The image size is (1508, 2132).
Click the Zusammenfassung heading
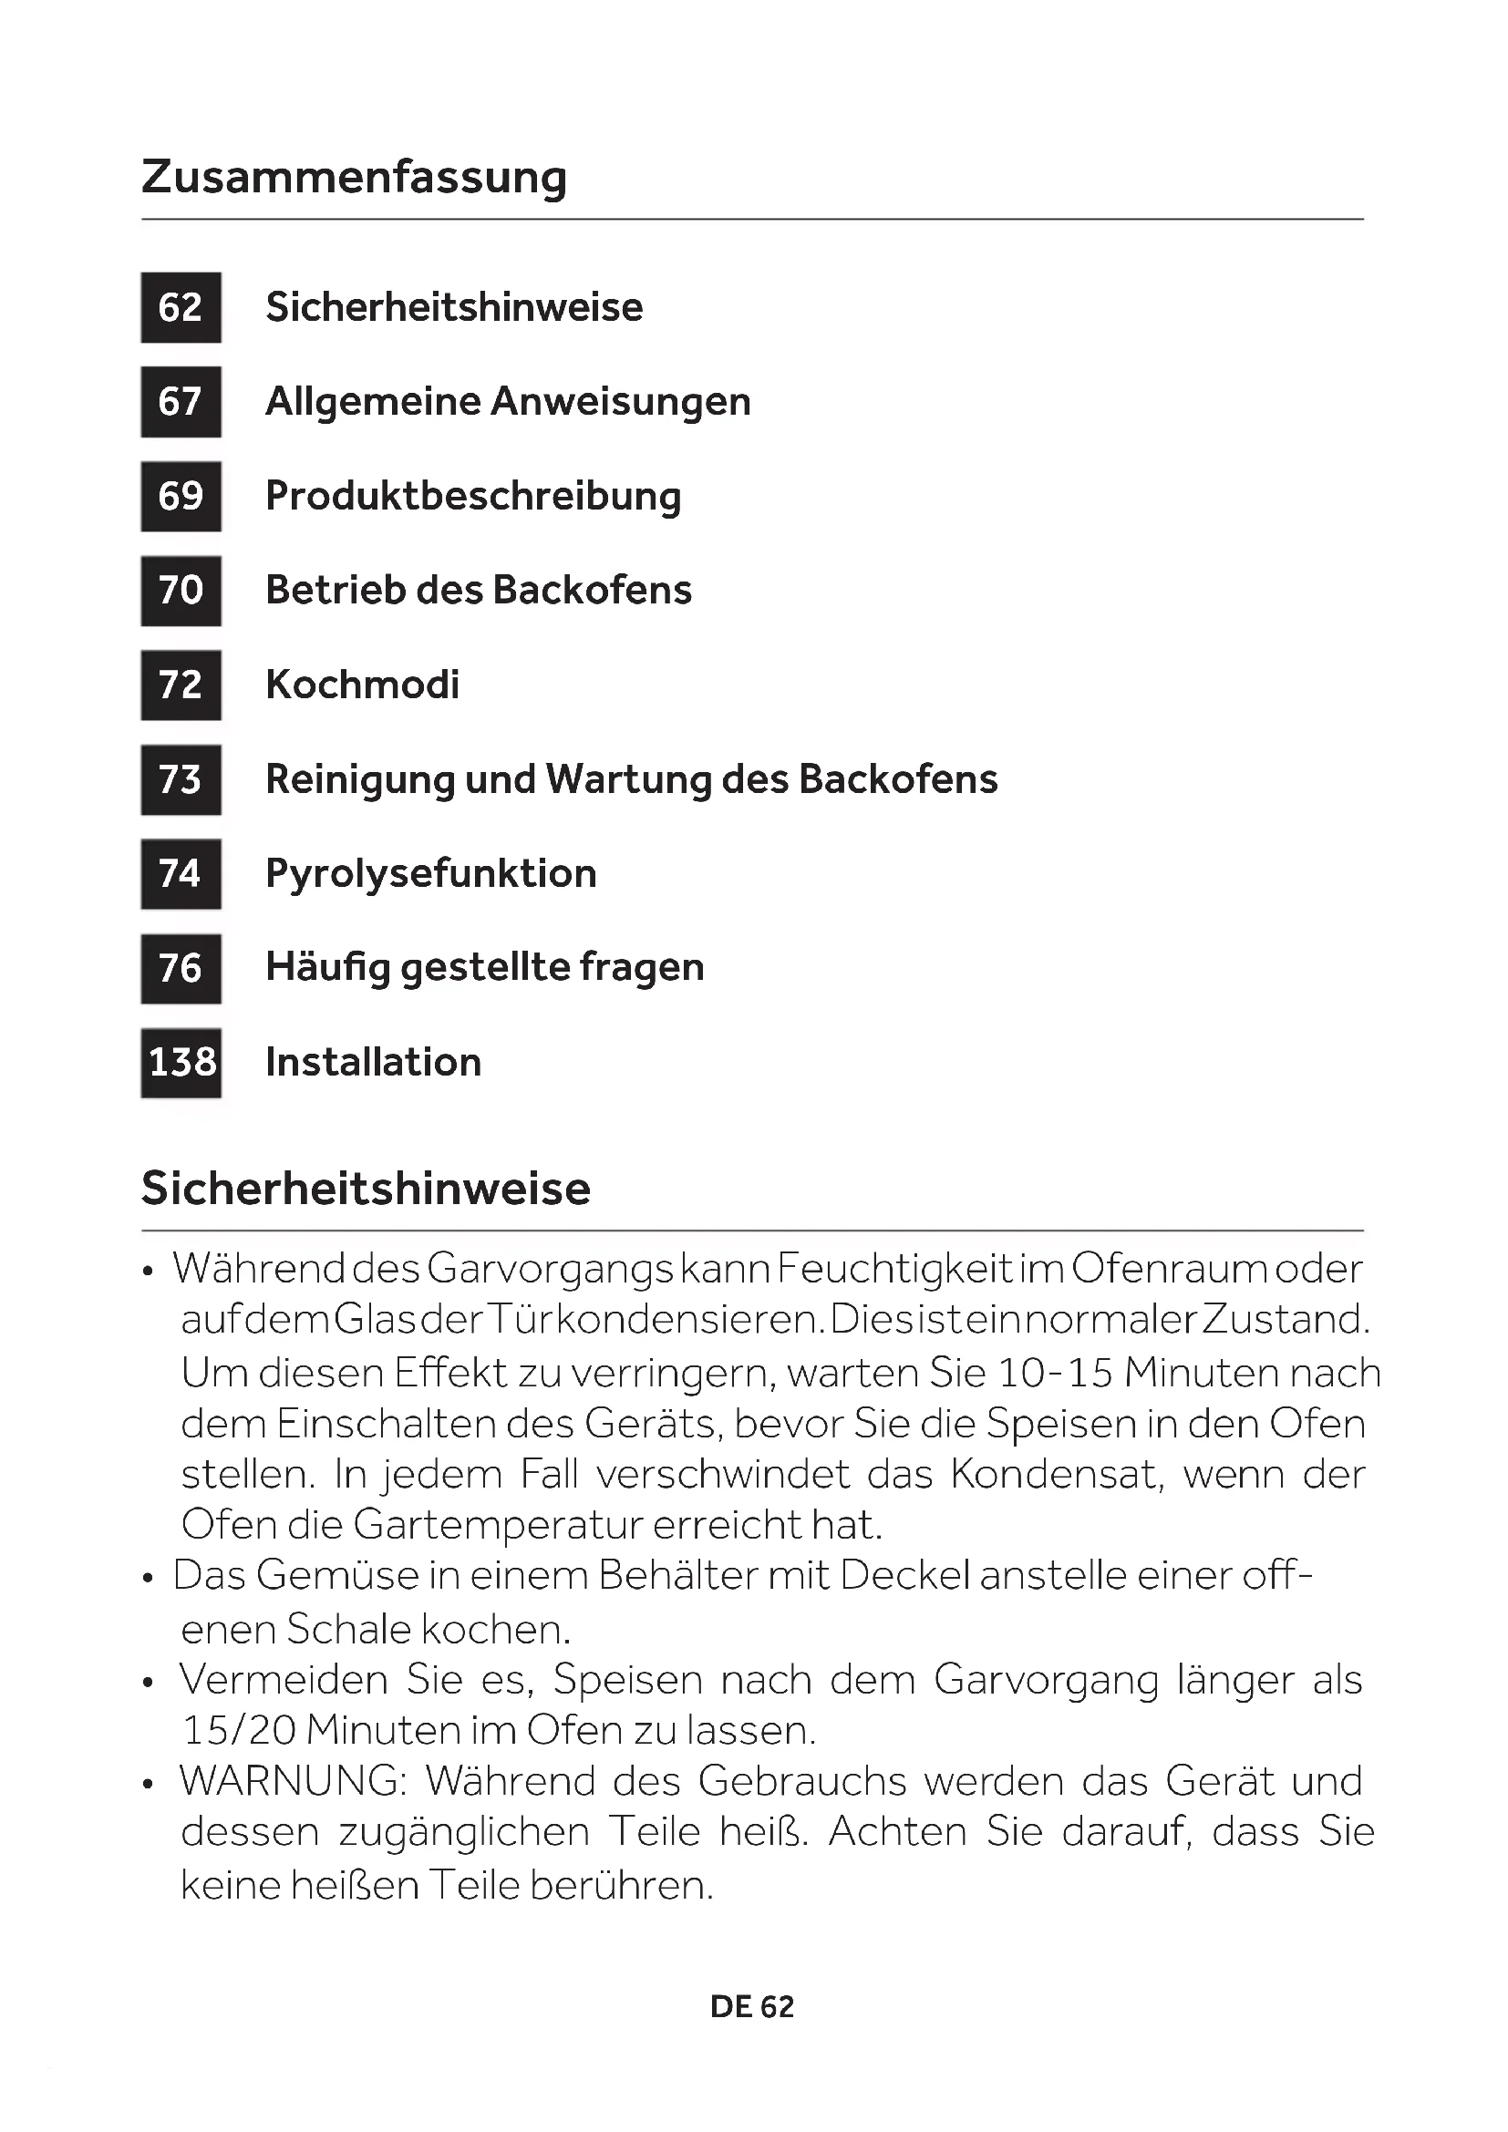[354, 177]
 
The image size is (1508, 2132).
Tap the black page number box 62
[181, 307]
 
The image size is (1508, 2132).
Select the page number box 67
[181, 402]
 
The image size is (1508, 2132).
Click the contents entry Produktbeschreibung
[472, 496]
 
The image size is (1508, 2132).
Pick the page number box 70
[181, 591]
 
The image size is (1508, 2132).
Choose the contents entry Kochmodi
[362, 685]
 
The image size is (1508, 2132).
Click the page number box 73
[181, 780]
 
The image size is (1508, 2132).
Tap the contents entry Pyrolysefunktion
[431, 874]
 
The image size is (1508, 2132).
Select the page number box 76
[181, 969]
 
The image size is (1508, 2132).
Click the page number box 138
[181, 1062]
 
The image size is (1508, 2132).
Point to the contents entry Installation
[373, 1062]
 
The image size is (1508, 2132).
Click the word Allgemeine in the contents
[371, 402]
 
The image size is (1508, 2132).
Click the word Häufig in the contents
[327, 969]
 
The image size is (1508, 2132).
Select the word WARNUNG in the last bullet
[293, 1781]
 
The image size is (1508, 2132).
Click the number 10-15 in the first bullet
[1055, 1374]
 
